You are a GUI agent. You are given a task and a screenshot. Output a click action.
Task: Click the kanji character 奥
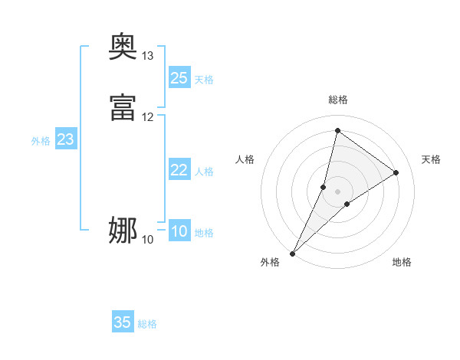123,47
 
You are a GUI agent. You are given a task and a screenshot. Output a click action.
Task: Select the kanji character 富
123,108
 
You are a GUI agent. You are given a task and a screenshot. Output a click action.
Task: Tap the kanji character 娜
123,231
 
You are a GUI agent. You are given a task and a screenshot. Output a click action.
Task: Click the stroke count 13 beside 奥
148,56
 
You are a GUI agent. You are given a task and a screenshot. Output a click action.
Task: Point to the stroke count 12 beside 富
148,117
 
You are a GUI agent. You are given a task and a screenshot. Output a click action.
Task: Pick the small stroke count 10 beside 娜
148,240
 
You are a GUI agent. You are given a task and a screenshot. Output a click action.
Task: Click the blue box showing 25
179,77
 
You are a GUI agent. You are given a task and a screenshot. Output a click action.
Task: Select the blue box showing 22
179,170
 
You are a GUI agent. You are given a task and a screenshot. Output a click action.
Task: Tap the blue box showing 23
66,139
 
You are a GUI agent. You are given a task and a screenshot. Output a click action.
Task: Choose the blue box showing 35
123,322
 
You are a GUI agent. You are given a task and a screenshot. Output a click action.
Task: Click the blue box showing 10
179,231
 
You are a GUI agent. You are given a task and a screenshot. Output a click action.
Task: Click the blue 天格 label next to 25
204,79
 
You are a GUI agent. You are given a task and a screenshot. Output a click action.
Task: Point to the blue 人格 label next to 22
204,172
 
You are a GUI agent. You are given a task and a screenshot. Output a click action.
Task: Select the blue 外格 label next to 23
41,141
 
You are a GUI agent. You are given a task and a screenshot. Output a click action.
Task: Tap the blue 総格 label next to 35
147,324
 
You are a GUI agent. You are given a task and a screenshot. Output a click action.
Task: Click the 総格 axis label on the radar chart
337,100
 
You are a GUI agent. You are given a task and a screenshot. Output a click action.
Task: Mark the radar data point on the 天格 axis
396,172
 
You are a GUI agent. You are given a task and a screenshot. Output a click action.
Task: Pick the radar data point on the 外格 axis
292,253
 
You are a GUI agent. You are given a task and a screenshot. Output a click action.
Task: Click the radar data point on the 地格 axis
347,204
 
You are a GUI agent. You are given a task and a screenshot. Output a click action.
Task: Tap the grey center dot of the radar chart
337,191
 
